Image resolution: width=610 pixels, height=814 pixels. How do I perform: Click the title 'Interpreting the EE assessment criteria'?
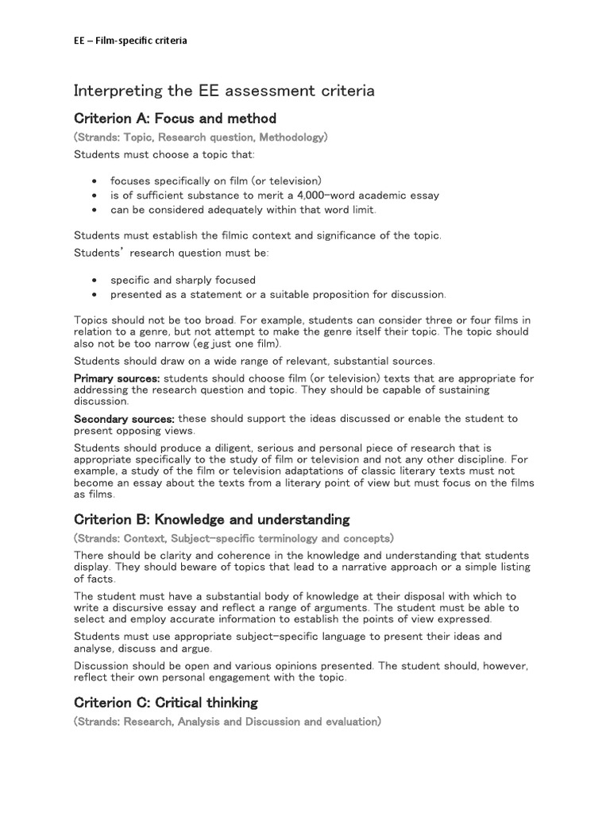(x=224, y=91)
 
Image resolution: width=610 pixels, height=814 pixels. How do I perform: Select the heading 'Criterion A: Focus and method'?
(x=175, y=118)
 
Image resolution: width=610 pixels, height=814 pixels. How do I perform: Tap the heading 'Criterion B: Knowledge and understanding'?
(x=211, y=520)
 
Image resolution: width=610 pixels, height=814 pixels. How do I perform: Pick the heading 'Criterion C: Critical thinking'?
(x=165, y=703)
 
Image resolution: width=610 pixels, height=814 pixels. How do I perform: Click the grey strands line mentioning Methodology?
(x=200, y=138)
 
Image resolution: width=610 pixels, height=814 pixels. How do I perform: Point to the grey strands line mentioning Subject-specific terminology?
(x=234, y=538)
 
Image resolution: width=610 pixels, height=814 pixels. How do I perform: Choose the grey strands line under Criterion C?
(x=227, y=722)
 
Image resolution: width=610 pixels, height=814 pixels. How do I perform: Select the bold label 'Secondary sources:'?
(x=124, y=419)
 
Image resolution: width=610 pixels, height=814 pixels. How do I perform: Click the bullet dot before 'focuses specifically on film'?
(x=95, y=181)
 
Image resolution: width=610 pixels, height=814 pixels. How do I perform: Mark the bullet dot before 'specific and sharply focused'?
(x=95, y=281)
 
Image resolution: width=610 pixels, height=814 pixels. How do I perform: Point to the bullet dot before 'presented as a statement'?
(x=95, y=295)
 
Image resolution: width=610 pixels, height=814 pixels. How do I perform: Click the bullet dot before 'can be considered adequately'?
(x=95, y=210)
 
